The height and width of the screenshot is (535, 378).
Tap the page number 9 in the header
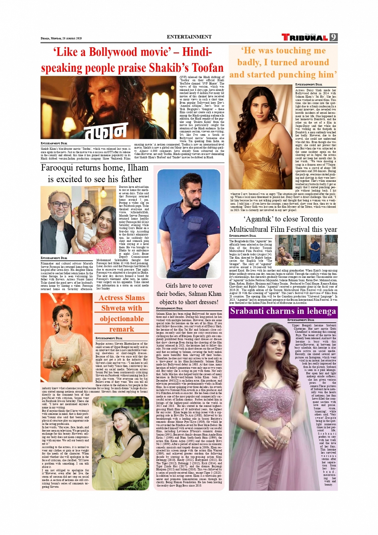coord(334,37)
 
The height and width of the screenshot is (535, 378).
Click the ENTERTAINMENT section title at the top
coord(189,37)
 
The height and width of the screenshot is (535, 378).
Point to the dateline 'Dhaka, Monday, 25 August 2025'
coord(61,38)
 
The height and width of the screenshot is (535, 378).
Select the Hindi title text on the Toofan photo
coord(105,131)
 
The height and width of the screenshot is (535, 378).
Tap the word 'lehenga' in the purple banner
coord(318,311)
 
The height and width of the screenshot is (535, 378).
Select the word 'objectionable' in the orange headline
coord(122,319)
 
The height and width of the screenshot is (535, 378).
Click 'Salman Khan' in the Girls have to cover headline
coord(204,294)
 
